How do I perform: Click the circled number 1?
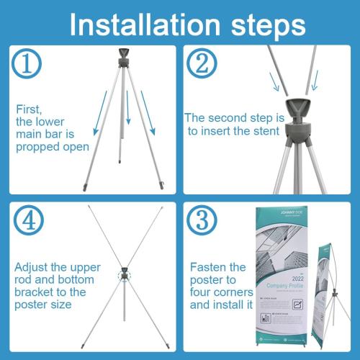click(27, 64)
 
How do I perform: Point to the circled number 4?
click(27, 222)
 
